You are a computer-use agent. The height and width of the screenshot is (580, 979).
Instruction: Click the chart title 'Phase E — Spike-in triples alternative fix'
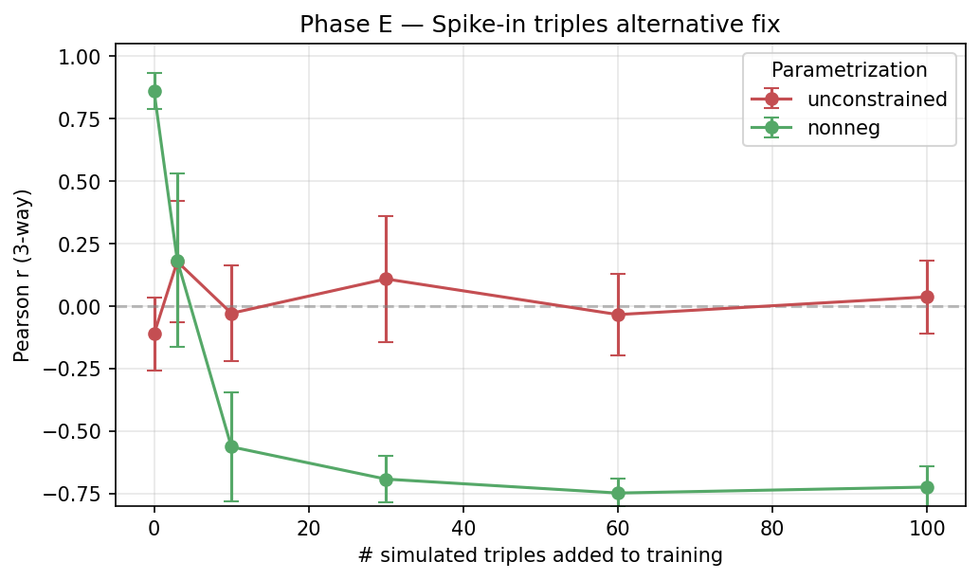539,25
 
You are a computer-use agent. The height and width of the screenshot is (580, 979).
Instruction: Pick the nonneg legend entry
843,128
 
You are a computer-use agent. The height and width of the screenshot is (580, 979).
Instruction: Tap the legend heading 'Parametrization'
848,70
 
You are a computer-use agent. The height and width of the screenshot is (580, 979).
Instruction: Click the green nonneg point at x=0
154,91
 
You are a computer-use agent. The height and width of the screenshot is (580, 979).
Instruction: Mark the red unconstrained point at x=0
154,334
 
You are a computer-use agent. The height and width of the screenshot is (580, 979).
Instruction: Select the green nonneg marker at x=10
231,446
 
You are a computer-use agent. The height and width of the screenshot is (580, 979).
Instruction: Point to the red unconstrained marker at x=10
231,314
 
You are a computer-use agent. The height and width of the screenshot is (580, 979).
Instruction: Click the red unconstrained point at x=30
386,279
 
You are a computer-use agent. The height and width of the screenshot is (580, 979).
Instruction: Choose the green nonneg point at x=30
386,480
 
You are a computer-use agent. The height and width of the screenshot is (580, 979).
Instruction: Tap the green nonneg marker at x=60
618,493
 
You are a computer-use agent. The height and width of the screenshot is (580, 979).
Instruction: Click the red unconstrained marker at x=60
618,315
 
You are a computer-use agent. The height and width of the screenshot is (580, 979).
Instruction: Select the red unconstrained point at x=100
927,297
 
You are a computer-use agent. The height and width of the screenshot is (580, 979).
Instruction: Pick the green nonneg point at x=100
927,487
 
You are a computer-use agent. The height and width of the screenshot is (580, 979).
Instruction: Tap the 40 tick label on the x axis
463,528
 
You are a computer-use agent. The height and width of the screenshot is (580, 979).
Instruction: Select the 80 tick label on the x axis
772,528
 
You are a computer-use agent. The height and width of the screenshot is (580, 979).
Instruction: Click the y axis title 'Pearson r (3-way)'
23,275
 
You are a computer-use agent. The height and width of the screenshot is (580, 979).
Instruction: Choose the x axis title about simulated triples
539,555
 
